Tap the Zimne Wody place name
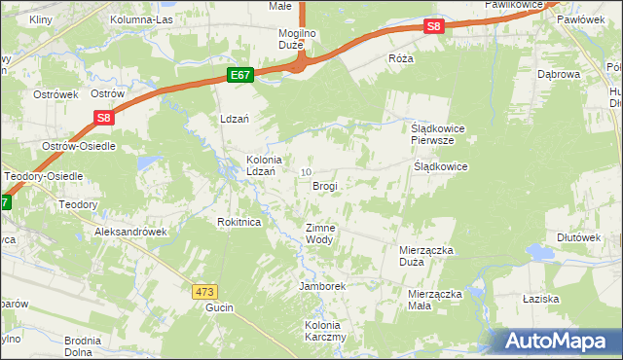tap(320, 234)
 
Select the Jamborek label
tap(323, 286)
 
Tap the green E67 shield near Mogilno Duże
tap(241, 74)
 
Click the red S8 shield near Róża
tap(434, 28)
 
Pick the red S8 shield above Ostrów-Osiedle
tap(105, 118)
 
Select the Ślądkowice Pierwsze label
tap(432, 133)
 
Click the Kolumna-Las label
tap(141, 19)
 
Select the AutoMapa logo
tap(558, 341)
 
